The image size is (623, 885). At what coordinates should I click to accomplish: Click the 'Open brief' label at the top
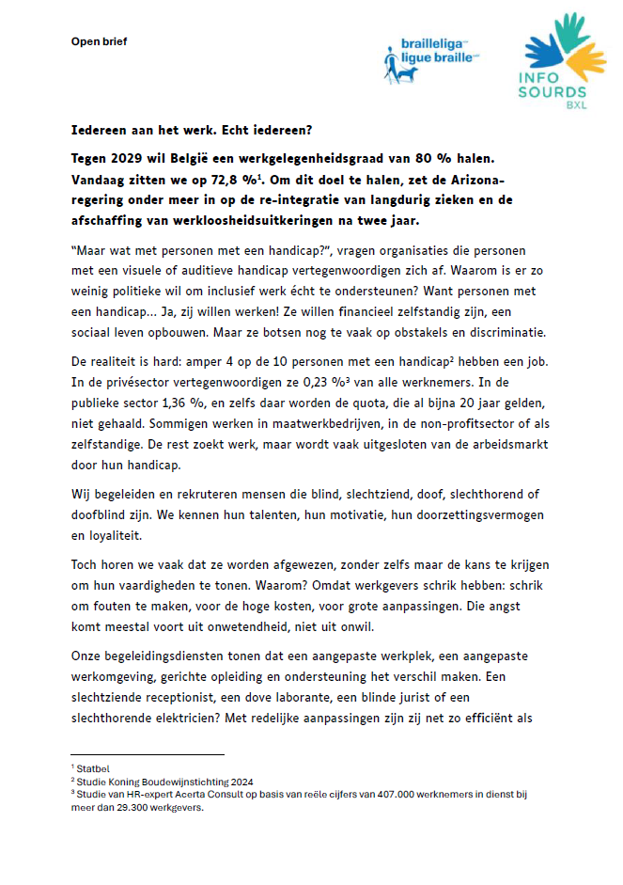99,41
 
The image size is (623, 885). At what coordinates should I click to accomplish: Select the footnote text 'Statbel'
94,768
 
